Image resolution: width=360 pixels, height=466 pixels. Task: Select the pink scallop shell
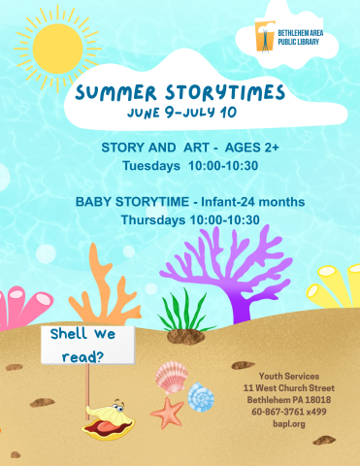pos(171,376)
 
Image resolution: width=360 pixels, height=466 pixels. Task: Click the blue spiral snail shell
pos(201,396)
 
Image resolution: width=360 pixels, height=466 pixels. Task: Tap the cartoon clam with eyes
pos(105,418)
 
